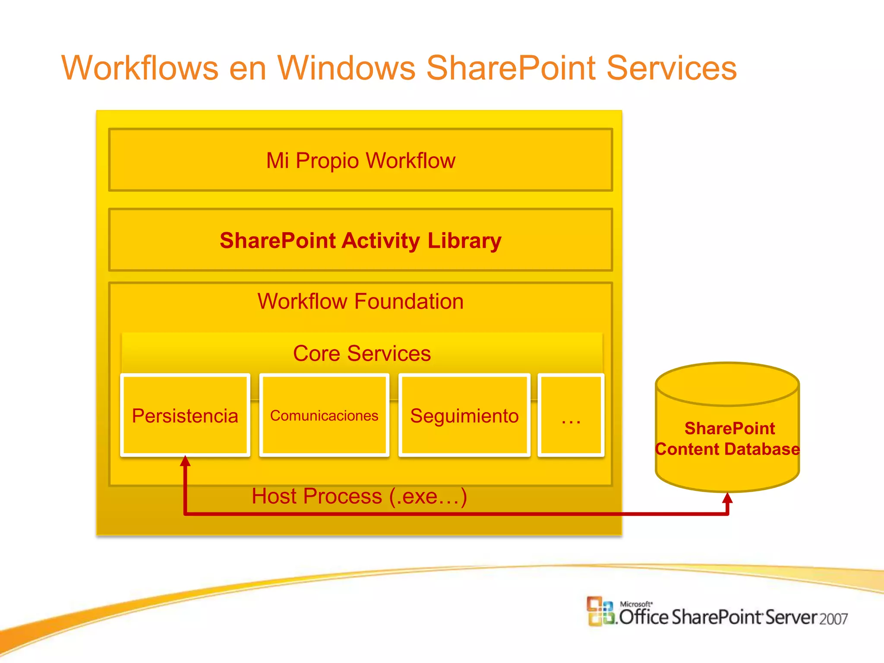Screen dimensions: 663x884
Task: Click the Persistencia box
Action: point(185,415)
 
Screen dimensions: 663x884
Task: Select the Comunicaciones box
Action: point(324,415)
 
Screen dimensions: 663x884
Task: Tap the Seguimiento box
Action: point(464,415)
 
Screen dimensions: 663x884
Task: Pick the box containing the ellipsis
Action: point(571,415)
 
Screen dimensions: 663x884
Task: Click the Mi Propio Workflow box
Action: point(360,160)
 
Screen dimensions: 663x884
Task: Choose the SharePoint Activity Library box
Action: point(360,240)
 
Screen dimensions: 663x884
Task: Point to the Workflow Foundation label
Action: point(360,301)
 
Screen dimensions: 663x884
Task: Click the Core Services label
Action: point(362,354)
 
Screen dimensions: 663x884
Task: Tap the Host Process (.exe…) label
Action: point(359,496)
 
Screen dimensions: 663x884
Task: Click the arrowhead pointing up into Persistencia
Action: point(185,461)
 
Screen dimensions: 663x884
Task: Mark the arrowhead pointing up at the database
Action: point(727,498)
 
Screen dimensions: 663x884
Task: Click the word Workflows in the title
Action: point(140,68)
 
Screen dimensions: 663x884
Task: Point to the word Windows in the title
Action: point(346,68)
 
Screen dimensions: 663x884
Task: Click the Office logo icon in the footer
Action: point(600,611)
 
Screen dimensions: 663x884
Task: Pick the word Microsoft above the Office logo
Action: point(636,604)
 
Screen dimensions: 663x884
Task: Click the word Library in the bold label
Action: point(464,240)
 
